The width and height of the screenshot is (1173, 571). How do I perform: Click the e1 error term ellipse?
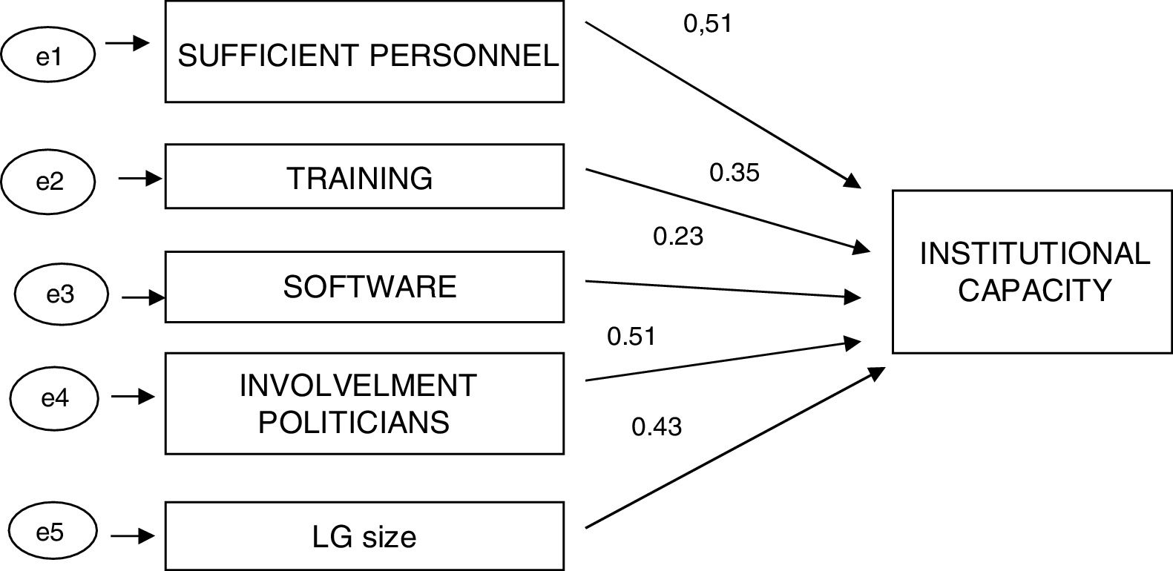click(49, 56)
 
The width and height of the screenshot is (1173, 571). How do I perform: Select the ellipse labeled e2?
click(49, 181)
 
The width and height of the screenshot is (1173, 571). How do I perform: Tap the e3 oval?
click(61, 294)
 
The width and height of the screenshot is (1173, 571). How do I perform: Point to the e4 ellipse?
click(55, 397)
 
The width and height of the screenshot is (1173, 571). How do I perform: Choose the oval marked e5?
click(50, 532)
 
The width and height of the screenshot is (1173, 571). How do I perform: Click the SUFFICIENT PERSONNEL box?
click(364, 52)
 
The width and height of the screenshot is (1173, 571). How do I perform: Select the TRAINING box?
click(364, 176)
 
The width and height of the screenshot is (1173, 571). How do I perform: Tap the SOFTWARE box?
click(364, 287)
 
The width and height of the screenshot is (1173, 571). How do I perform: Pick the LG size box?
click(364, 536)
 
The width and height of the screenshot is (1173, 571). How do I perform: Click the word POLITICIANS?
click(354, 422)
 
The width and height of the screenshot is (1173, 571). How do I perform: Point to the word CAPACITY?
click(1034, 290)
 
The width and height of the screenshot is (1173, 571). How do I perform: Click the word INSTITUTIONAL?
click(1034, 254)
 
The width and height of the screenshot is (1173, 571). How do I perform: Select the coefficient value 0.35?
click(735, 173)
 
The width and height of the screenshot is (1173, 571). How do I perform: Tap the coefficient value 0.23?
click(677, 237)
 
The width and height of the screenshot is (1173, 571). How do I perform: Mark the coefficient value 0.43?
click(656, 426)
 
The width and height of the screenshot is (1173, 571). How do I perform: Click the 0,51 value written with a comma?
click(707, 24)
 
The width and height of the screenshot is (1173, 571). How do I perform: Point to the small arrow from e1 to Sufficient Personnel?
click(128, 44)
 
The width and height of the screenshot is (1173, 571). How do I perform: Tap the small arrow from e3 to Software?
click(142, 298)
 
